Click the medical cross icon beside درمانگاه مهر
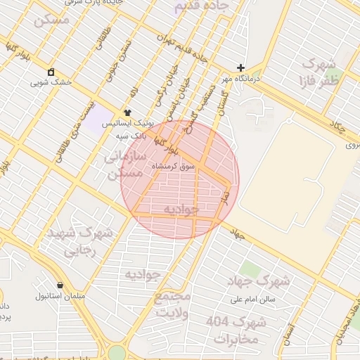point(240,68)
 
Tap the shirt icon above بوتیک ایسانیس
point(127,112)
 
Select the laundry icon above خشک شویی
point(51,72)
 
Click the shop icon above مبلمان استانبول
point(60,285)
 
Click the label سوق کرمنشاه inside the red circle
point(173,167)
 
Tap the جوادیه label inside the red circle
point(181,210)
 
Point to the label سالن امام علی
point(253,299)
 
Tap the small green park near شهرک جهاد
point(249,268)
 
